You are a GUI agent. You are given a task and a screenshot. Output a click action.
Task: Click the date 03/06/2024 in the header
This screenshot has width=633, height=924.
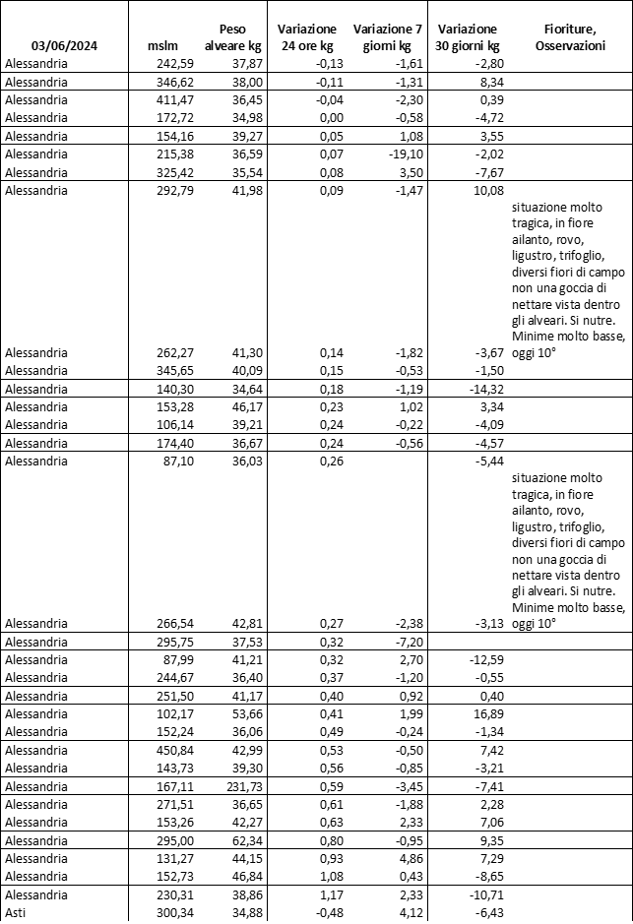(x=66, y=46)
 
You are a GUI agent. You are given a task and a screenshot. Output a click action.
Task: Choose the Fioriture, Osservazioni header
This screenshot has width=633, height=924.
(x=570, y=37)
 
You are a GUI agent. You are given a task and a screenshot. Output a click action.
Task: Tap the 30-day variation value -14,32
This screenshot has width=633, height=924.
(x=482, y=389)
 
